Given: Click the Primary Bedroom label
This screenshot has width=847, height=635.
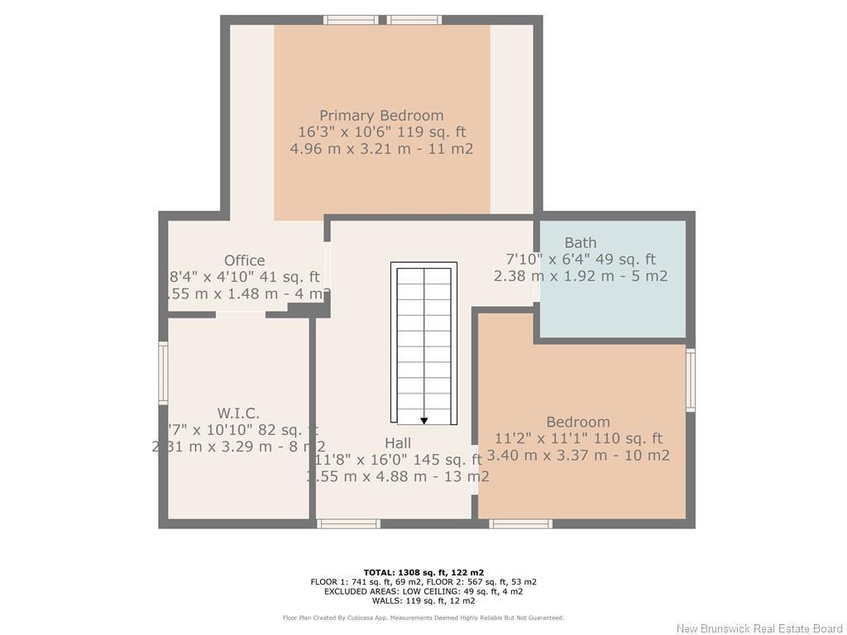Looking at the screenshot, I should point(381,116).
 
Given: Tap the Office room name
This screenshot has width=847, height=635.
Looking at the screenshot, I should point(244,260).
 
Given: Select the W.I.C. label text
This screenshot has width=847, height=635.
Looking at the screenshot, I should point(238,413).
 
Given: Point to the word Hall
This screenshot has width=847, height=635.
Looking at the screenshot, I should point(397,444).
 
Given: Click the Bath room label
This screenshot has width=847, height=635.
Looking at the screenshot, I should point(580,242).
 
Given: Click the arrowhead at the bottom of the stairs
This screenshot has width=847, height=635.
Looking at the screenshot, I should point(424,421).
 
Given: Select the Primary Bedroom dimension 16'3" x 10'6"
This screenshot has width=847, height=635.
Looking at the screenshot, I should point(381,132).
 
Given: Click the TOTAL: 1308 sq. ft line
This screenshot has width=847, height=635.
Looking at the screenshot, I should point(423,572).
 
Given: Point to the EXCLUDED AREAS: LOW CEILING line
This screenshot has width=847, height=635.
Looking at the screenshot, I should point(423,591).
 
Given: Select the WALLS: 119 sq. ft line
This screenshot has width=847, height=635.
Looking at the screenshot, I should point(423,601).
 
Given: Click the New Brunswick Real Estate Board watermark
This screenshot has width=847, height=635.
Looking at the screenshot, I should point(759,628).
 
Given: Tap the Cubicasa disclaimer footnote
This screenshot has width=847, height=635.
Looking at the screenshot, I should point(423,618).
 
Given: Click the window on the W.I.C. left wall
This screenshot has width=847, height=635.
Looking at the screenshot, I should point(163,374).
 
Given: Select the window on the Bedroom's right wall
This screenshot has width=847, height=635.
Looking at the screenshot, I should point(691,380).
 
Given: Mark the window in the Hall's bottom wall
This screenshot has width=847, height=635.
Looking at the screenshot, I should point(348,523).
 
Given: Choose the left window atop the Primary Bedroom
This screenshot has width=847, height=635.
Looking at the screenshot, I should point(351,20).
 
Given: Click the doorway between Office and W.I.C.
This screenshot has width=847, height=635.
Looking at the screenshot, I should point(241,314).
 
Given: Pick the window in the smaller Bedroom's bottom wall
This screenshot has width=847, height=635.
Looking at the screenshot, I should point(520,523).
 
